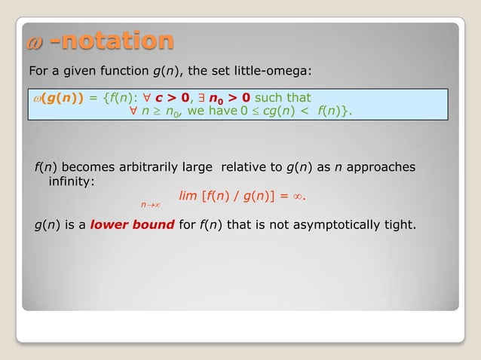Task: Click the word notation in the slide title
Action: [112, 41]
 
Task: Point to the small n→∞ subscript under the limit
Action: [153, 204]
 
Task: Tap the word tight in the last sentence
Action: [400, 224]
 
